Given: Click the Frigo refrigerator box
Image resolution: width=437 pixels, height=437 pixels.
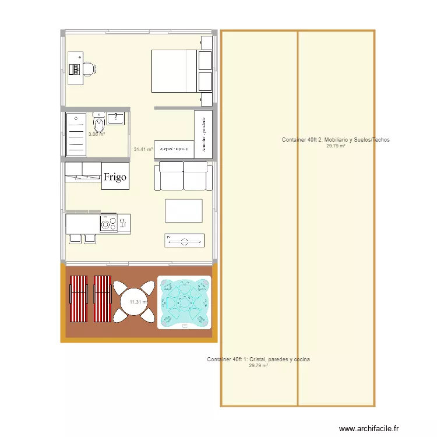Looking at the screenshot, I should [115, 177].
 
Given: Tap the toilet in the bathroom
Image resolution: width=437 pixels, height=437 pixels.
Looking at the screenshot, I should [98, 124].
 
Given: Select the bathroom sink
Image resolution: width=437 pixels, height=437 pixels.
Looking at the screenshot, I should [116, 119].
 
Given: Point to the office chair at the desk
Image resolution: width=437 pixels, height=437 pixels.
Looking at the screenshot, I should [89, 69].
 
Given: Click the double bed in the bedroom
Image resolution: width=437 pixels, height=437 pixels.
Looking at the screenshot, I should [175, 71].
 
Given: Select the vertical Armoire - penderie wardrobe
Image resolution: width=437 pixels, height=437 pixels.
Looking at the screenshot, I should [203, 133].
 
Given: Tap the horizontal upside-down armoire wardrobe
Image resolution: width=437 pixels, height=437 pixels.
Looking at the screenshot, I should [174, 149].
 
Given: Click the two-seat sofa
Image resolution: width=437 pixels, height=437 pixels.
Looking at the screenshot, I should [184, 176].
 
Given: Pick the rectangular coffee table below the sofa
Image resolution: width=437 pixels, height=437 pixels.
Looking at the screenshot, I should [184, 210].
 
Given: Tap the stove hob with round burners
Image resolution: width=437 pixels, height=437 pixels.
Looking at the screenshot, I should [108, 223].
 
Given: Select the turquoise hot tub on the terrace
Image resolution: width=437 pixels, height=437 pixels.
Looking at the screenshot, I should [184, 302].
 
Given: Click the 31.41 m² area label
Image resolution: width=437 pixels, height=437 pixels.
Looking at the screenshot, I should [143, 150].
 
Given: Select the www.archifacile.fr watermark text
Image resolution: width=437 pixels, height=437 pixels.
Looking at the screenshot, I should [369, 428].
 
